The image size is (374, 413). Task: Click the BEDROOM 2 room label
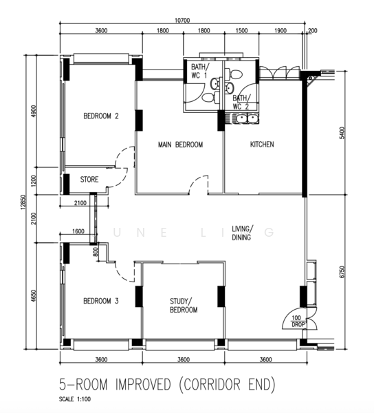pos(101,116)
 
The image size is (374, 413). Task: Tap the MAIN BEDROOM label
pos(180,145)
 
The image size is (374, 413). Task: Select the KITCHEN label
pos(262,145)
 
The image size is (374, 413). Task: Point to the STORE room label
pos(89,180)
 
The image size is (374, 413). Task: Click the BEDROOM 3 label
pos(101,301)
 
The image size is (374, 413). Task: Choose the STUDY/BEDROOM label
pos(184,305)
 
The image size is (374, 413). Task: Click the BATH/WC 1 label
pos(200,71)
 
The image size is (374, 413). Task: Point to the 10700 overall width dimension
pos(182,21)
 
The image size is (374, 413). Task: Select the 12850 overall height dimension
pos(23,202)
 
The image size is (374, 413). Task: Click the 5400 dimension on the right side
pos(342,133)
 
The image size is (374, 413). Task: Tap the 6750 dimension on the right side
pos(342,272)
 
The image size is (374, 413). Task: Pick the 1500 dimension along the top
pos(241,31)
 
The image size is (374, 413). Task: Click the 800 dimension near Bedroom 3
pos(96,251)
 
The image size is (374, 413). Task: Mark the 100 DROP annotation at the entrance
pos(298,321)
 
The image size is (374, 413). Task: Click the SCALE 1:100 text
pos(75,399)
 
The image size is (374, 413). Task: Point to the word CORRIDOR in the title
pos(212,384)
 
